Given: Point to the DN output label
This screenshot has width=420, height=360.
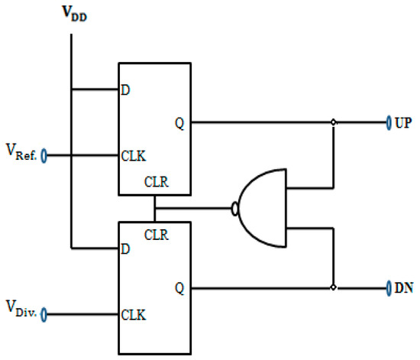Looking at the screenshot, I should click(x=404, y=288).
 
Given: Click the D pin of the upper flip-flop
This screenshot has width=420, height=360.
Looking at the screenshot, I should click(x=124, y=90).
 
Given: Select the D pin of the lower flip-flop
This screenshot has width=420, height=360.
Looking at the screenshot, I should click(x=124, y=249).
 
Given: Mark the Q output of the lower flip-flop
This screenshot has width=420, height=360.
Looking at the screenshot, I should click(x=179, y=288).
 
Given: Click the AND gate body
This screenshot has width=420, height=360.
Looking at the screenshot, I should click(x=263, y=208).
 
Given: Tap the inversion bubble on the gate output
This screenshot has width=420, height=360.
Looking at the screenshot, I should click(x=234, y=207).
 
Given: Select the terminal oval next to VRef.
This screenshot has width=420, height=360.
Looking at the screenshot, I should click(x=44, y=156).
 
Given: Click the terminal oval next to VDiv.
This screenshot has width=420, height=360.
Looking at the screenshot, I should click(x=44, y=313).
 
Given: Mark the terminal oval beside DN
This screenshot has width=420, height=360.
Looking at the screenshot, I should click(x=389, y=288).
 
